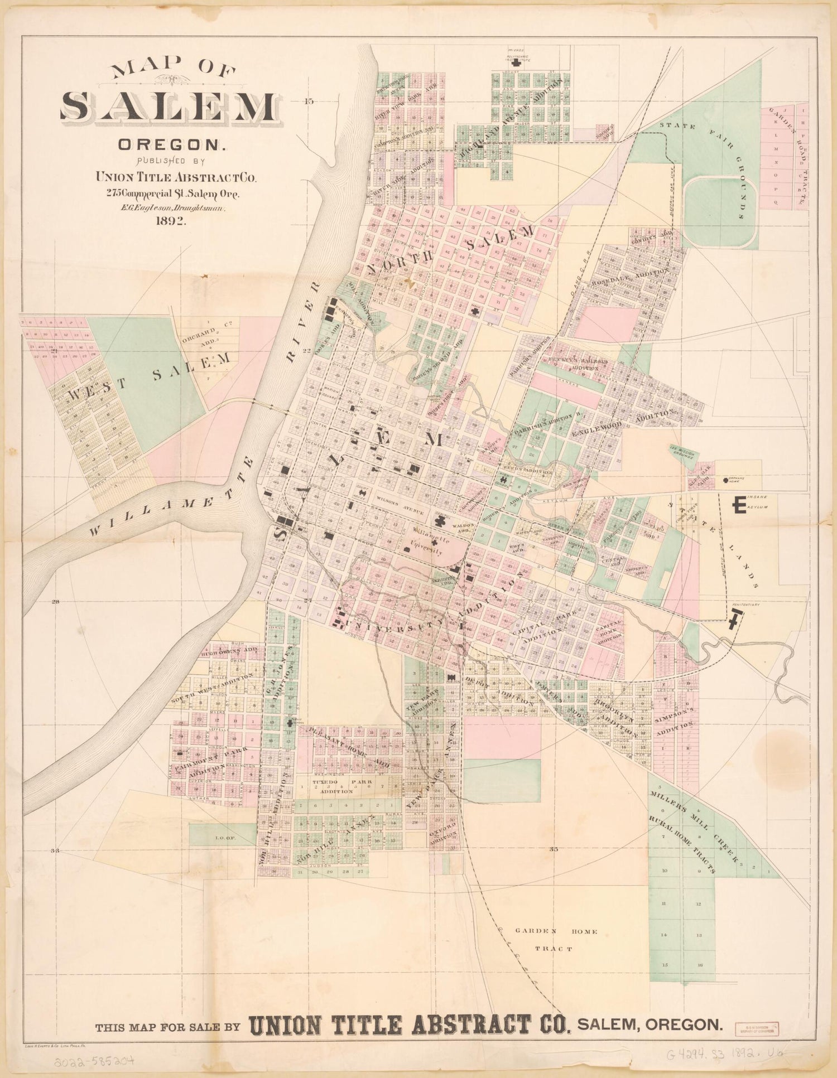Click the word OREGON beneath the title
(170, 146)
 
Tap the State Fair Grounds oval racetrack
(720, 212)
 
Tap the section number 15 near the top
(309, 101)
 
